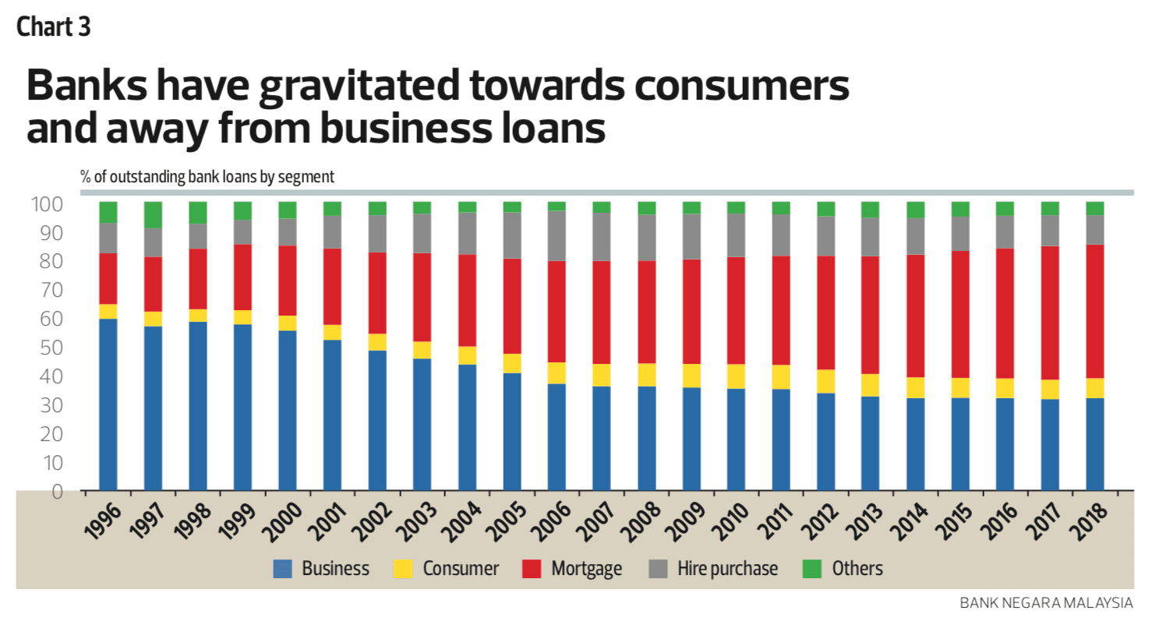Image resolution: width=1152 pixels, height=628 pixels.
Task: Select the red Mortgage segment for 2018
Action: click(1095, 311)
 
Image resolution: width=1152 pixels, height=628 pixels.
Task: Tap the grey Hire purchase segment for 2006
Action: click(557, 235)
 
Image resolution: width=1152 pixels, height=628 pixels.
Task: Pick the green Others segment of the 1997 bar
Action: click(153, 215)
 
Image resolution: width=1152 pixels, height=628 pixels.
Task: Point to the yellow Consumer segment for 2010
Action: click(736, 376)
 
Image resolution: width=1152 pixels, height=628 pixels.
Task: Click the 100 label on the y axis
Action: click(47, 205)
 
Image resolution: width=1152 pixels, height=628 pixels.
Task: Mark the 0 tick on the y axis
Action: click(56, 492)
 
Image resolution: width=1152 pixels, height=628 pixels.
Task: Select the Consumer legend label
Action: click(461, 569)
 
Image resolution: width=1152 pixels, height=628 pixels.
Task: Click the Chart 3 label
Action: click(54, 27)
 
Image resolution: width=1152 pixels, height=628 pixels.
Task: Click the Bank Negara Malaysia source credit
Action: click(1046, 603)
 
